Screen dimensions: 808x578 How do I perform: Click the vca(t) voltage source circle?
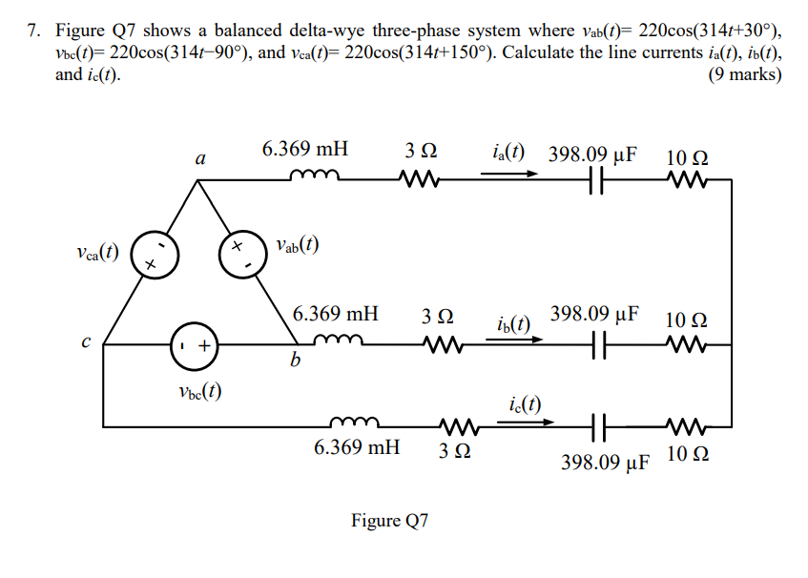151,255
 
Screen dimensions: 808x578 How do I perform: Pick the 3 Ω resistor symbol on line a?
420,177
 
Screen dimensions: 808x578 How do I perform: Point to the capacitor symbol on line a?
598,178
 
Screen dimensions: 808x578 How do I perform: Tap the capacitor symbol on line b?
598,344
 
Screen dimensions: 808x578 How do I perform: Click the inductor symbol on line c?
355,421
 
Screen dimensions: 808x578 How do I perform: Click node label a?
199,159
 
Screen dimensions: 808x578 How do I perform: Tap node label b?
296,361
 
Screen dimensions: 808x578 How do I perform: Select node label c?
86,341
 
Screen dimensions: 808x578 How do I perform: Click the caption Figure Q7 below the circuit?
390,521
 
